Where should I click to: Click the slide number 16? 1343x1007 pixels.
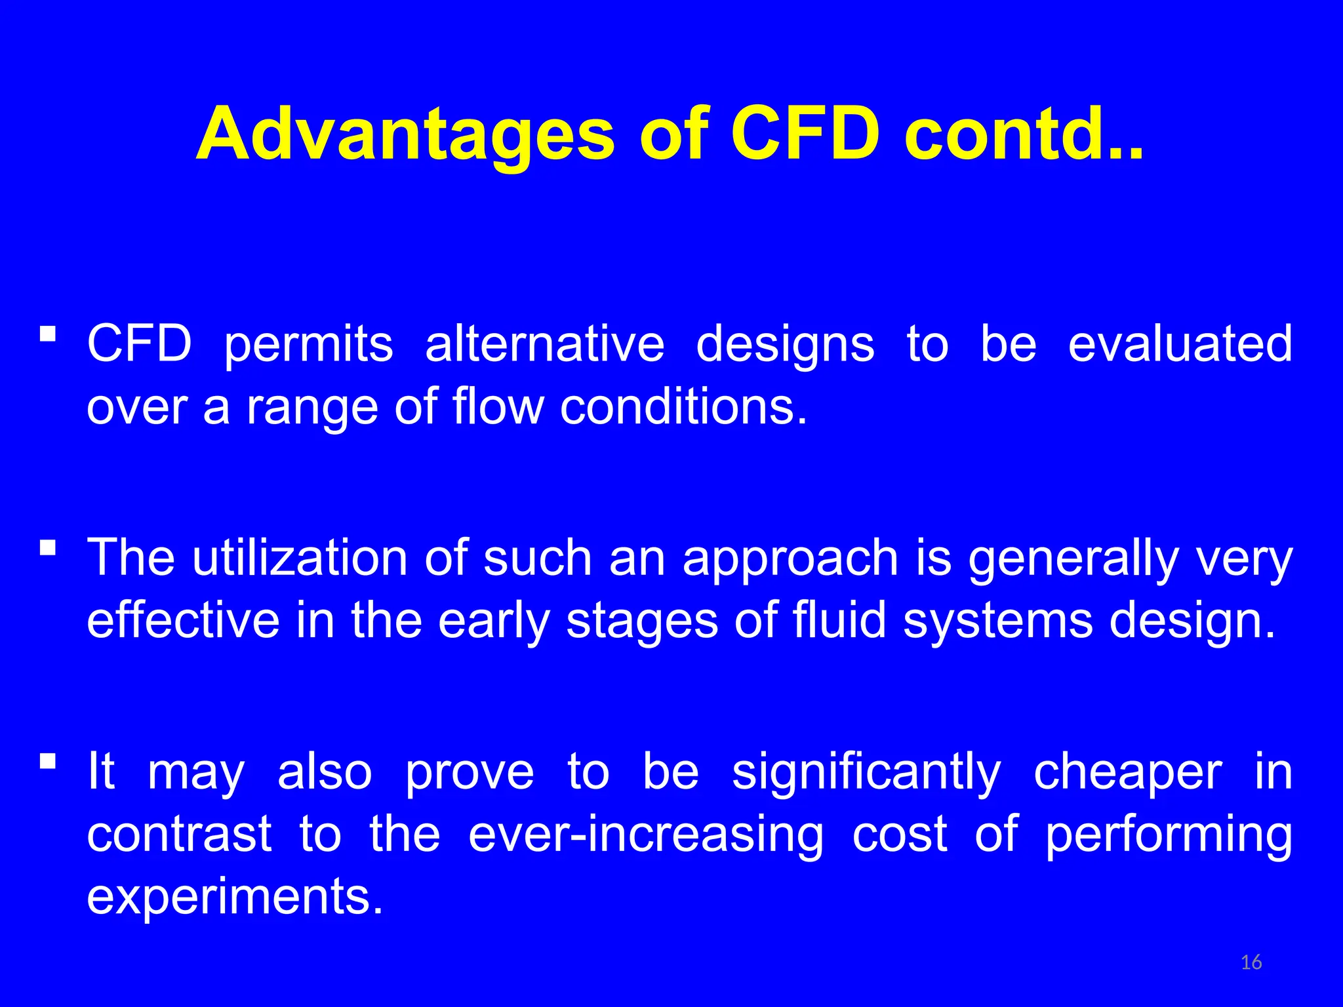click(x=1251, y=962)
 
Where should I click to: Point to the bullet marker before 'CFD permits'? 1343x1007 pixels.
click(x=47, y=334)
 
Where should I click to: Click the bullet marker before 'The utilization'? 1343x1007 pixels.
click(x=47, y=547)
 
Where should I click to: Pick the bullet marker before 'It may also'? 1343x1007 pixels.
click(x=47, y=761)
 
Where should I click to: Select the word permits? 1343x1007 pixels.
click(x=308, y=345)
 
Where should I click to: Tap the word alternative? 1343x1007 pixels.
click(x=544, y=344)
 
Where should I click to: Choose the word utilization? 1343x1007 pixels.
click(x=300, y=558)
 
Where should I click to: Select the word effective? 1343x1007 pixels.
click(x=183, y=620)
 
